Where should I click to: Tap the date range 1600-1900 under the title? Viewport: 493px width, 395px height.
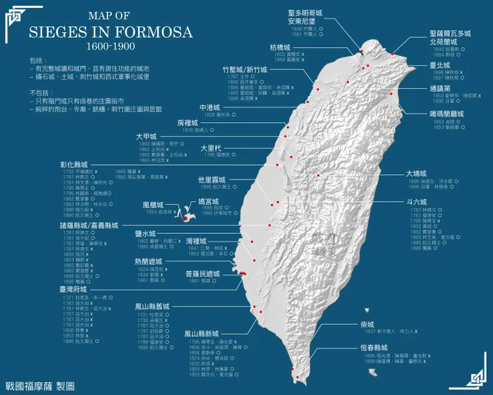click(110, 47)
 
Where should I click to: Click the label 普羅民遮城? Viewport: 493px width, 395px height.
click(203, 274)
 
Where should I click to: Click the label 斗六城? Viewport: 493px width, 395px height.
click(416, 201)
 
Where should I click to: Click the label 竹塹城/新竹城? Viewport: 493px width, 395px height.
click(245, 69)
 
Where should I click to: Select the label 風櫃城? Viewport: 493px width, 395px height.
click(154, 204)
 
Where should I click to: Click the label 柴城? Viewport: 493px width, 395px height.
click(366, 324)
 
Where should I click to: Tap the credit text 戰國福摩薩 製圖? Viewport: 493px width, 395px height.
click(39, 386)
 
